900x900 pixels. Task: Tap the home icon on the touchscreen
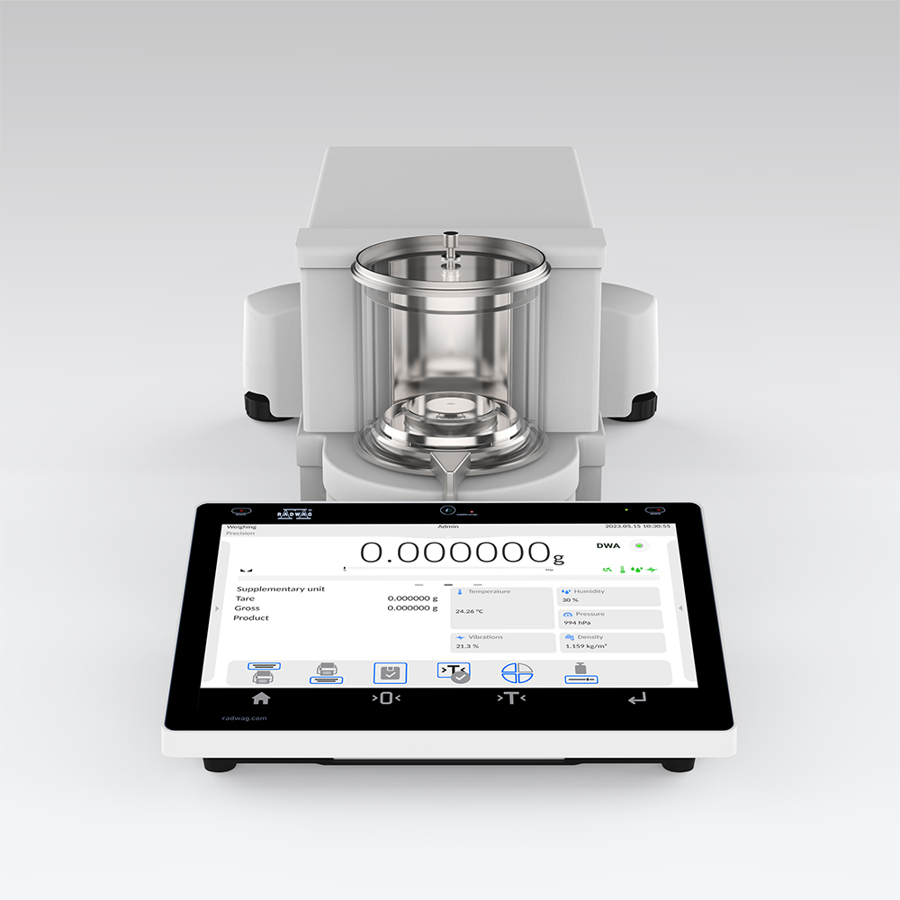pos(261,697)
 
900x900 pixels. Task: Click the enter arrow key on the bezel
pos(637,698)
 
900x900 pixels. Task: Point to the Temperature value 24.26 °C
pos(470,611)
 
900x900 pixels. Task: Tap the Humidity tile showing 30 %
pos(609,596)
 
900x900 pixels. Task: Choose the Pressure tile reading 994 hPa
pos(609,618)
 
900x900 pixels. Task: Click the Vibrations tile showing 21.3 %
pos(503,642)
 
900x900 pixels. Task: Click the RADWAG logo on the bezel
pos(294,514)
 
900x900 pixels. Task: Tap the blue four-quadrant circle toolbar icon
pos(517,674)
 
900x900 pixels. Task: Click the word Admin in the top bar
pos(447,526)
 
